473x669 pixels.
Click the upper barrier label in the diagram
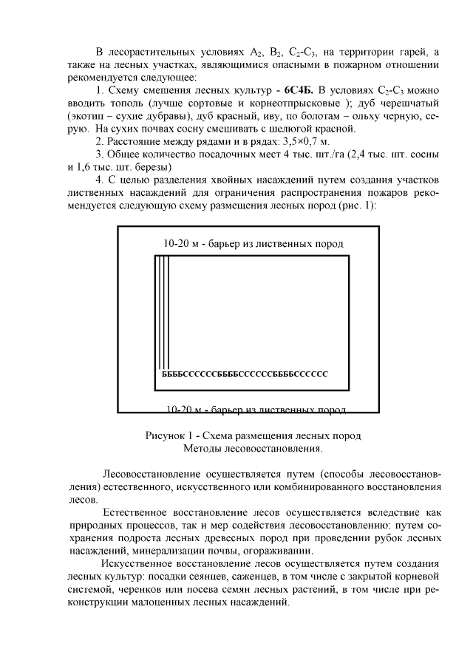pyautogui.click(x=253, y=243)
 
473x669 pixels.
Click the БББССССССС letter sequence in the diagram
pyautogui.click(x=245, y=374)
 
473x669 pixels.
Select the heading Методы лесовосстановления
pyautogui.click(x=253, y=448)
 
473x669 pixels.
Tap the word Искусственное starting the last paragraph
pyautogui.click(x=135, y=563)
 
